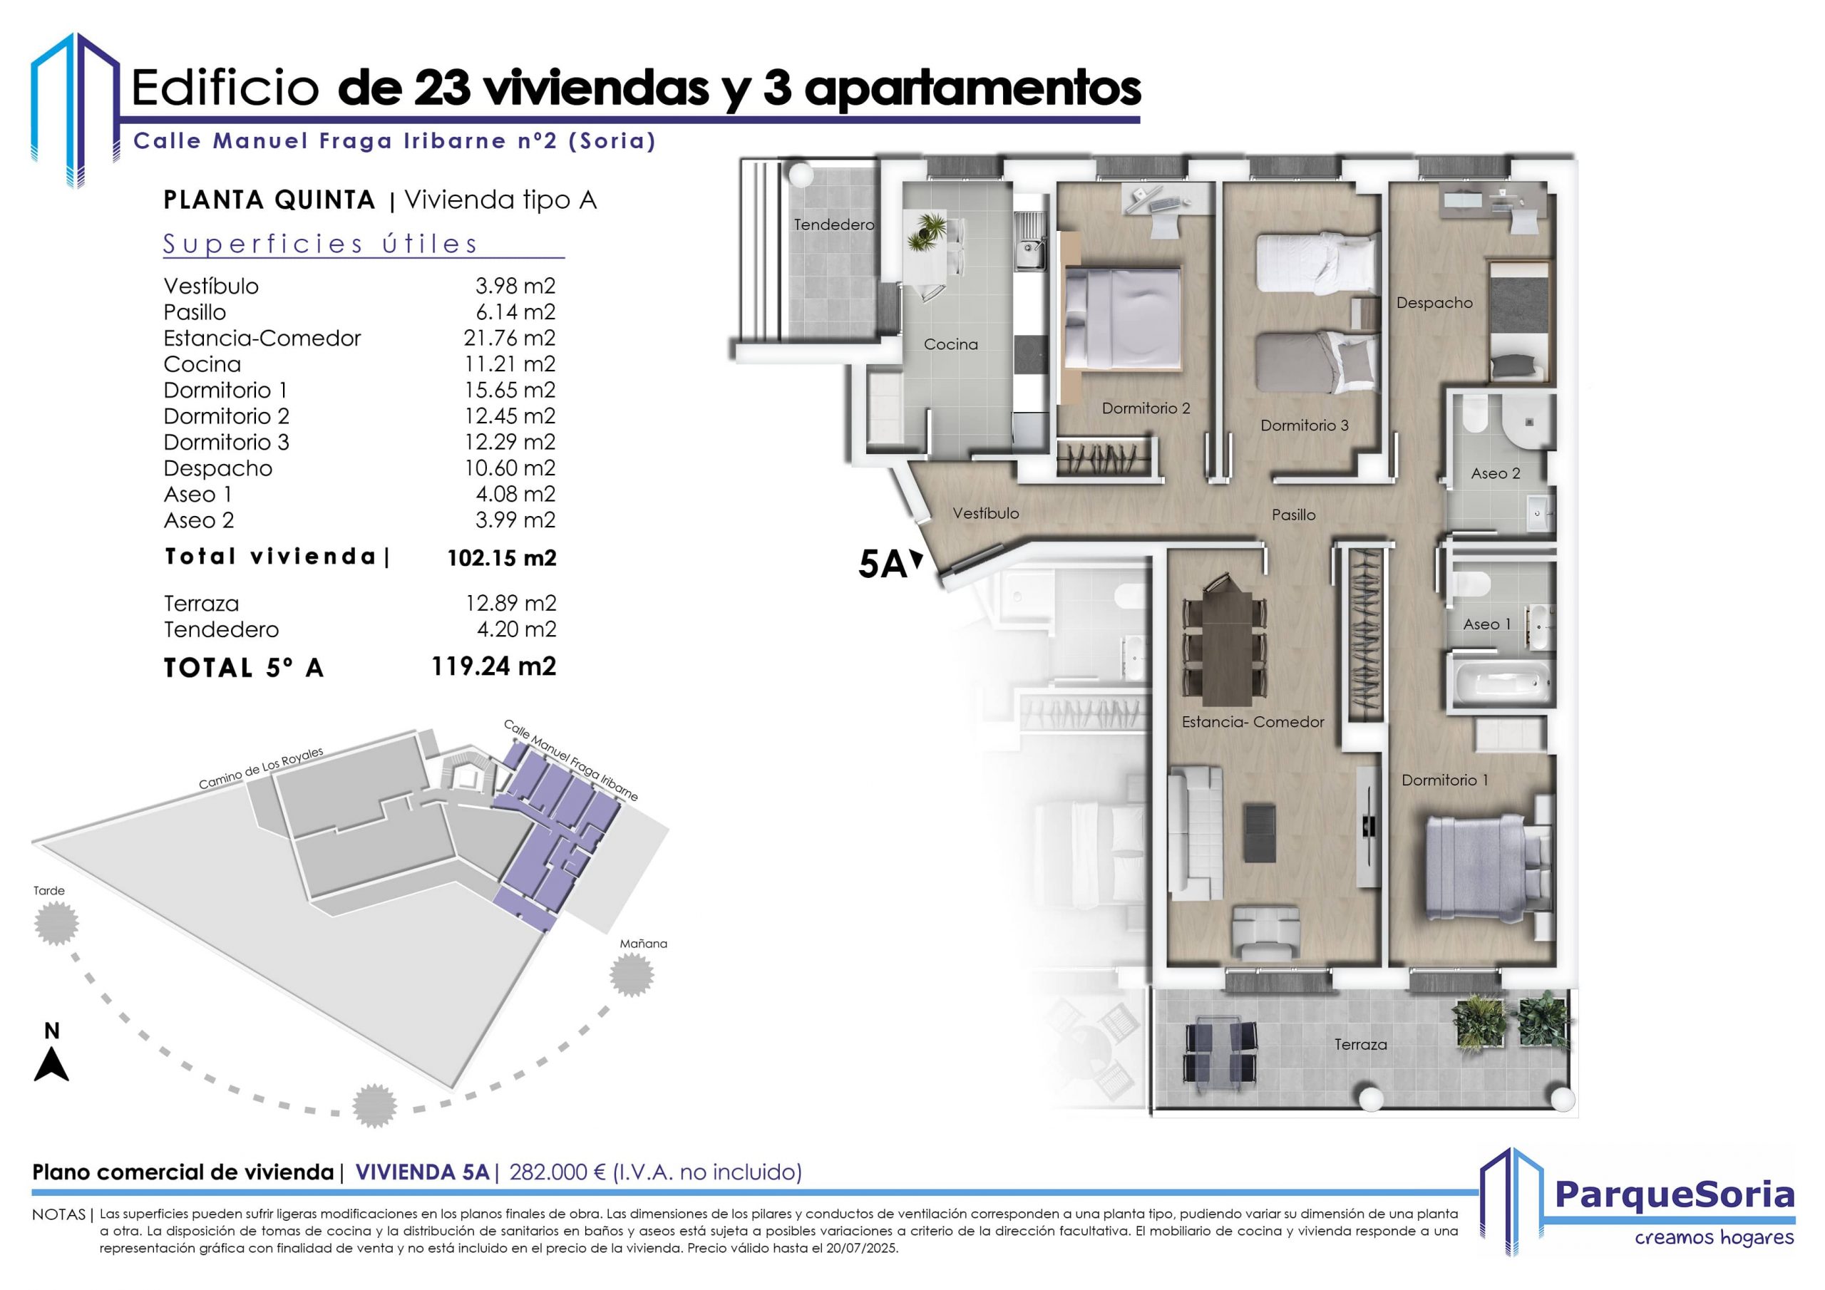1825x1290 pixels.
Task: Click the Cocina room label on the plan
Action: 951,344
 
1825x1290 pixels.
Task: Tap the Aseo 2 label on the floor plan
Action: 1495,474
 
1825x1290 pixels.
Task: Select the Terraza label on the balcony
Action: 1361,1044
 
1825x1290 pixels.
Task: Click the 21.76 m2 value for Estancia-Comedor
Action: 510,338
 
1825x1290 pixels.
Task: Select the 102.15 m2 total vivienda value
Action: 502,558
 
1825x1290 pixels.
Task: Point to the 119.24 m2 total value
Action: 493,666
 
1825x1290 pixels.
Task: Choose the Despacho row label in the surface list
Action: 218,468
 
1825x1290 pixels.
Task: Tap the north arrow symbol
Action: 51,1064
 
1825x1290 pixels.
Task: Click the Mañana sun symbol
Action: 633,974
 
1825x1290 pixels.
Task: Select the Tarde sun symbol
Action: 56,923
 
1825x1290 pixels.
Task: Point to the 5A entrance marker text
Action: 883,565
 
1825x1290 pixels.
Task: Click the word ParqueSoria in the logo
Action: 1675,1194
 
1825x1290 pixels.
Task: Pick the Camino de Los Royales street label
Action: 261,768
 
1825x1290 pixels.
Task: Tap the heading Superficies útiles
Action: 320,244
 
